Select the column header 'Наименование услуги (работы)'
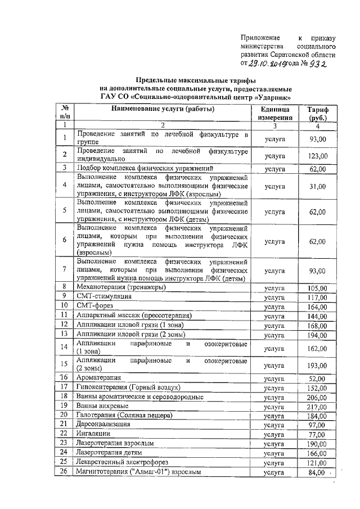click(x=163, y=109)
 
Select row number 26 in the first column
click(x=65, y=471)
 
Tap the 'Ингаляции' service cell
click(x=93, y=434)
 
